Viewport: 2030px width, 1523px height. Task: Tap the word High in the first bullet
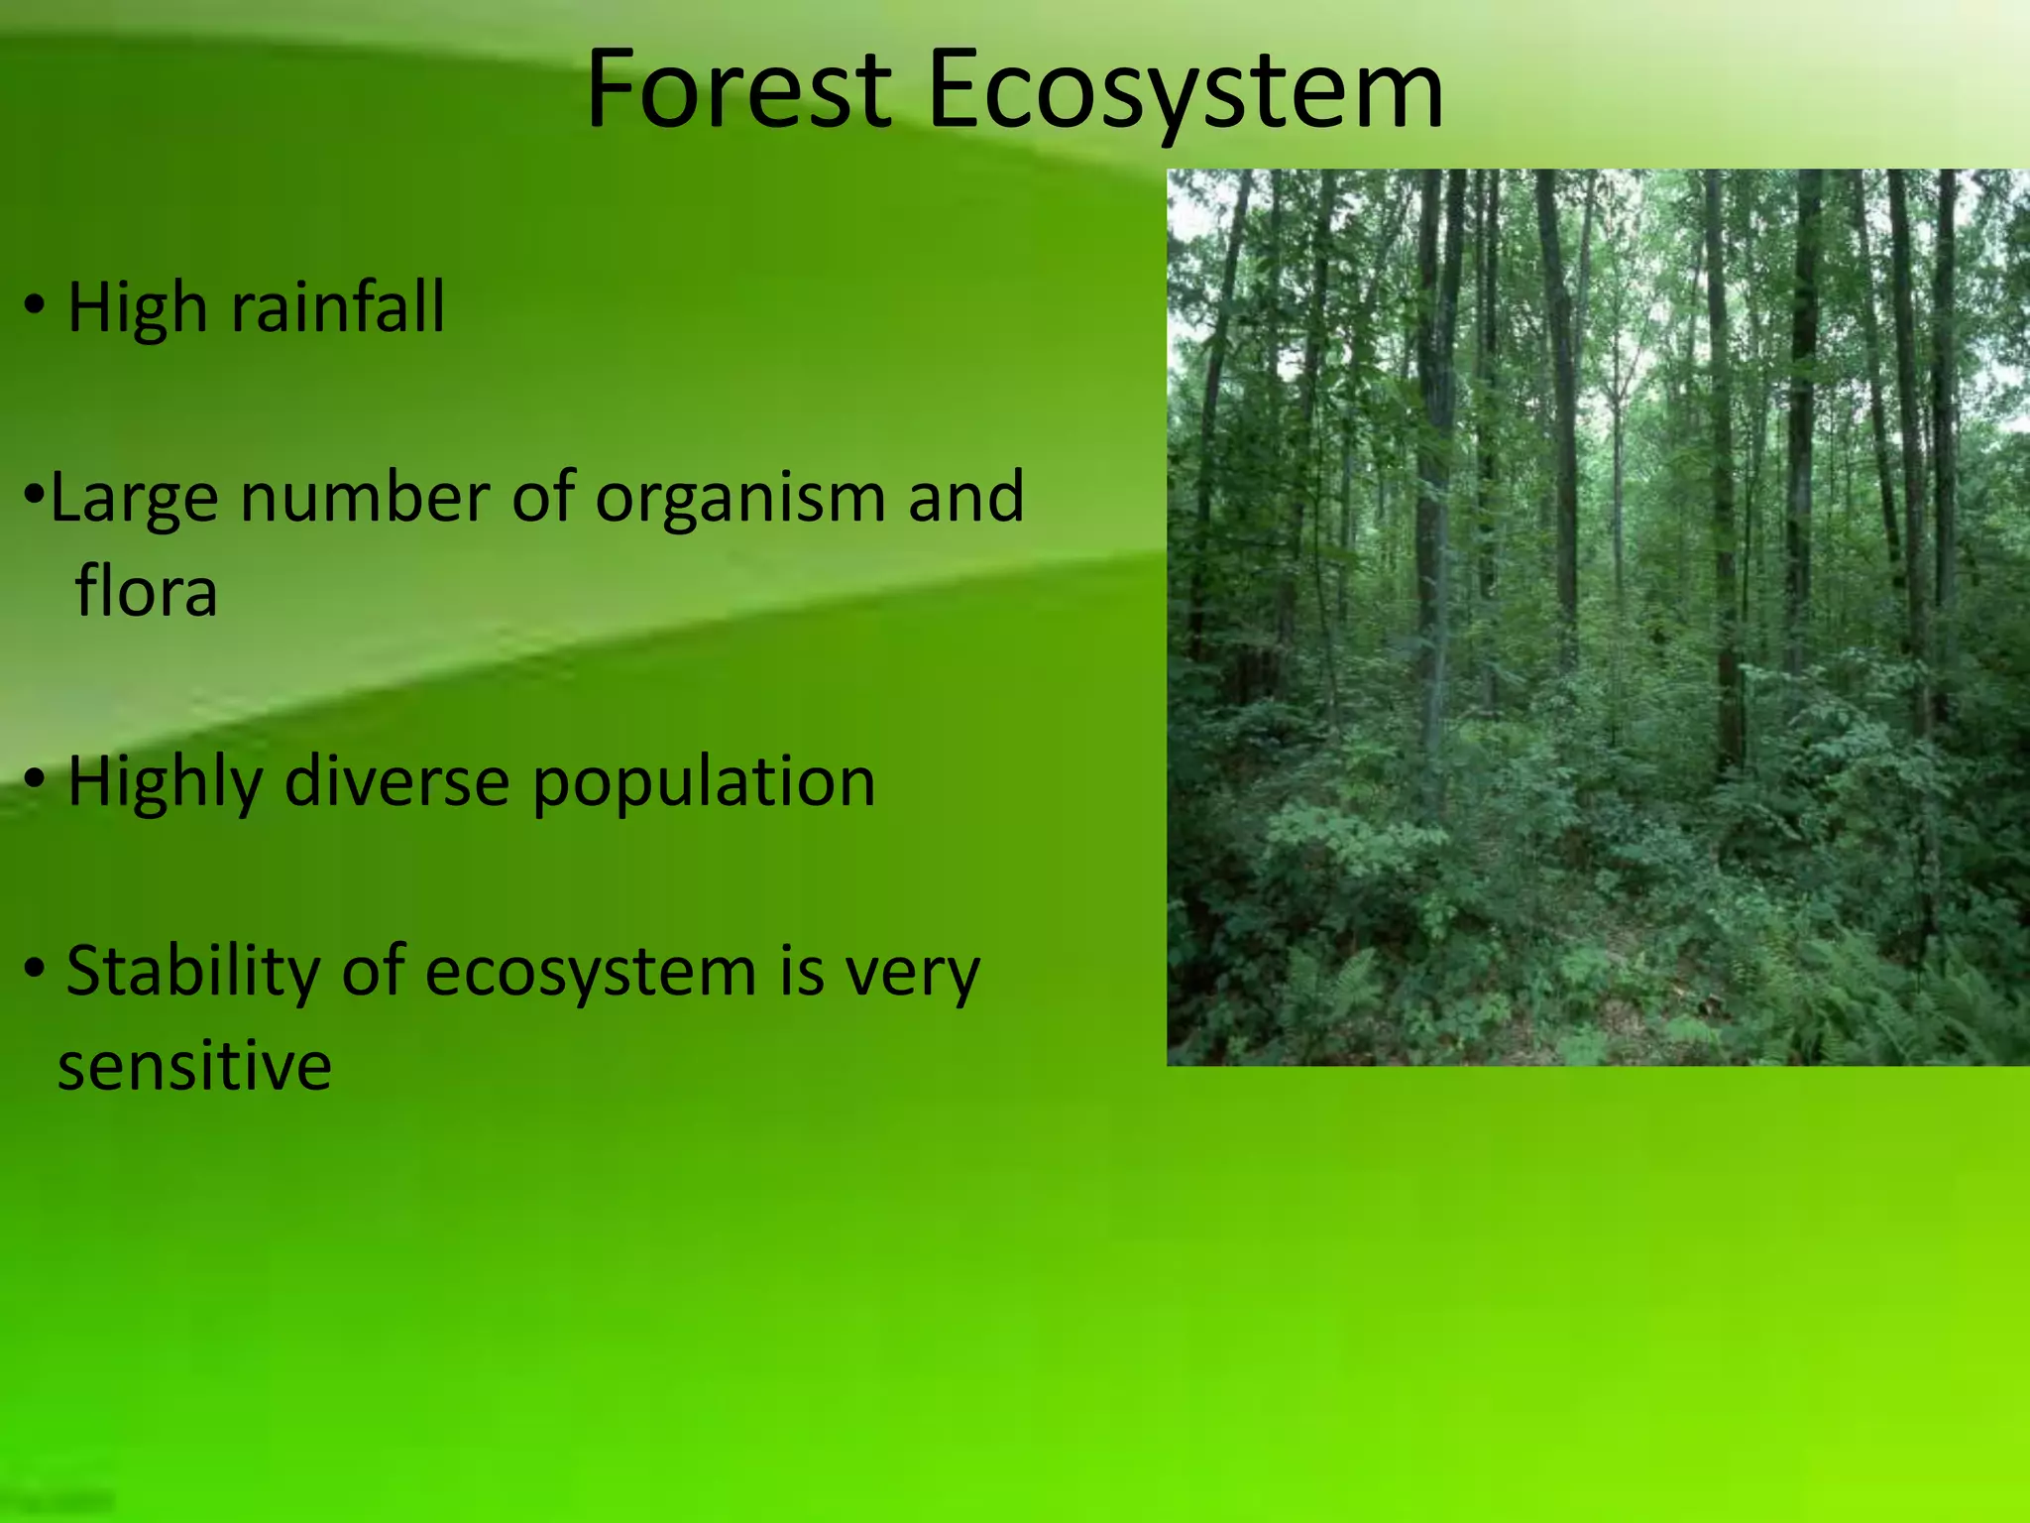click(137, 307)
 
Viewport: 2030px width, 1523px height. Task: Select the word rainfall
click(337, 307)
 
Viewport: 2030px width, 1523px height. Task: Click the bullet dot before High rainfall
click(35, 307)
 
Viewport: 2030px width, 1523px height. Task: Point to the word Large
click(134, 498)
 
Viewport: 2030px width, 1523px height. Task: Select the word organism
click(739, 498)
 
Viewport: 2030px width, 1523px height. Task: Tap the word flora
click(146, 592)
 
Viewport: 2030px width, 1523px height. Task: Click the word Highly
click(165, 783)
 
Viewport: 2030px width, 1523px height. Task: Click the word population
click(704, 783)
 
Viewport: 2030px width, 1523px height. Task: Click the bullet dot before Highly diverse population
click(35, 781)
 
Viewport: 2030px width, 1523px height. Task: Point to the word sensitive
click(194, 1067)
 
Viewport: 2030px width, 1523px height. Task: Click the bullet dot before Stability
click(35, 967)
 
